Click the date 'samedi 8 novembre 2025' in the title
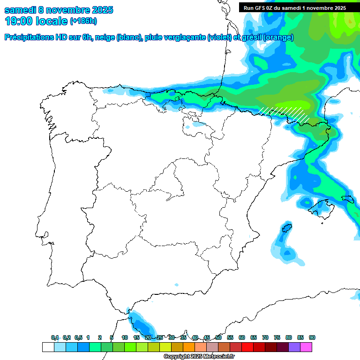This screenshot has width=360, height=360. coord(59,10)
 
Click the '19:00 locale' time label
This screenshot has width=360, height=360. coord(36,21)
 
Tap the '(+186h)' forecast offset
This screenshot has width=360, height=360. coord(83,21)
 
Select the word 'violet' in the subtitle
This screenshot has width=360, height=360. coord(218,37)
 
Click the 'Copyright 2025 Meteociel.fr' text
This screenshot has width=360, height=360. coord(199,357)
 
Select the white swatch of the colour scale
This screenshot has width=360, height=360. coord(48,347)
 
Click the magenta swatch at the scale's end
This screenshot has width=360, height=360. coord(306,347)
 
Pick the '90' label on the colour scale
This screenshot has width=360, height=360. coord(312,337)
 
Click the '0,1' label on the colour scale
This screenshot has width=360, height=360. coord(55,337)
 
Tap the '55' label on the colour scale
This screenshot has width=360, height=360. coord(230,337)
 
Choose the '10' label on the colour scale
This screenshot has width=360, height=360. coord(125,337)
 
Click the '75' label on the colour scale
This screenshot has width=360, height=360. coord(277,337)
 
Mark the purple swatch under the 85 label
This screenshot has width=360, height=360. coord(294,347)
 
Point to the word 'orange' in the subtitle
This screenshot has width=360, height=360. coord(279,37)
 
